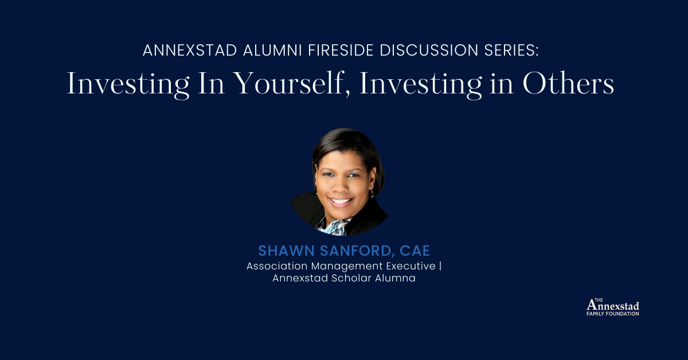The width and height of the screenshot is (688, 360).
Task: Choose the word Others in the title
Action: tap(568, 85)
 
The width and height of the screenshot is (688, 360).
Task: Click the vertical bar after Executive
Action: tap(440, 267)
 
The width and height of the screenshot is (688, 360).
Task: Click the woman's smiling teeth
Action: tap(341, 202)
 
